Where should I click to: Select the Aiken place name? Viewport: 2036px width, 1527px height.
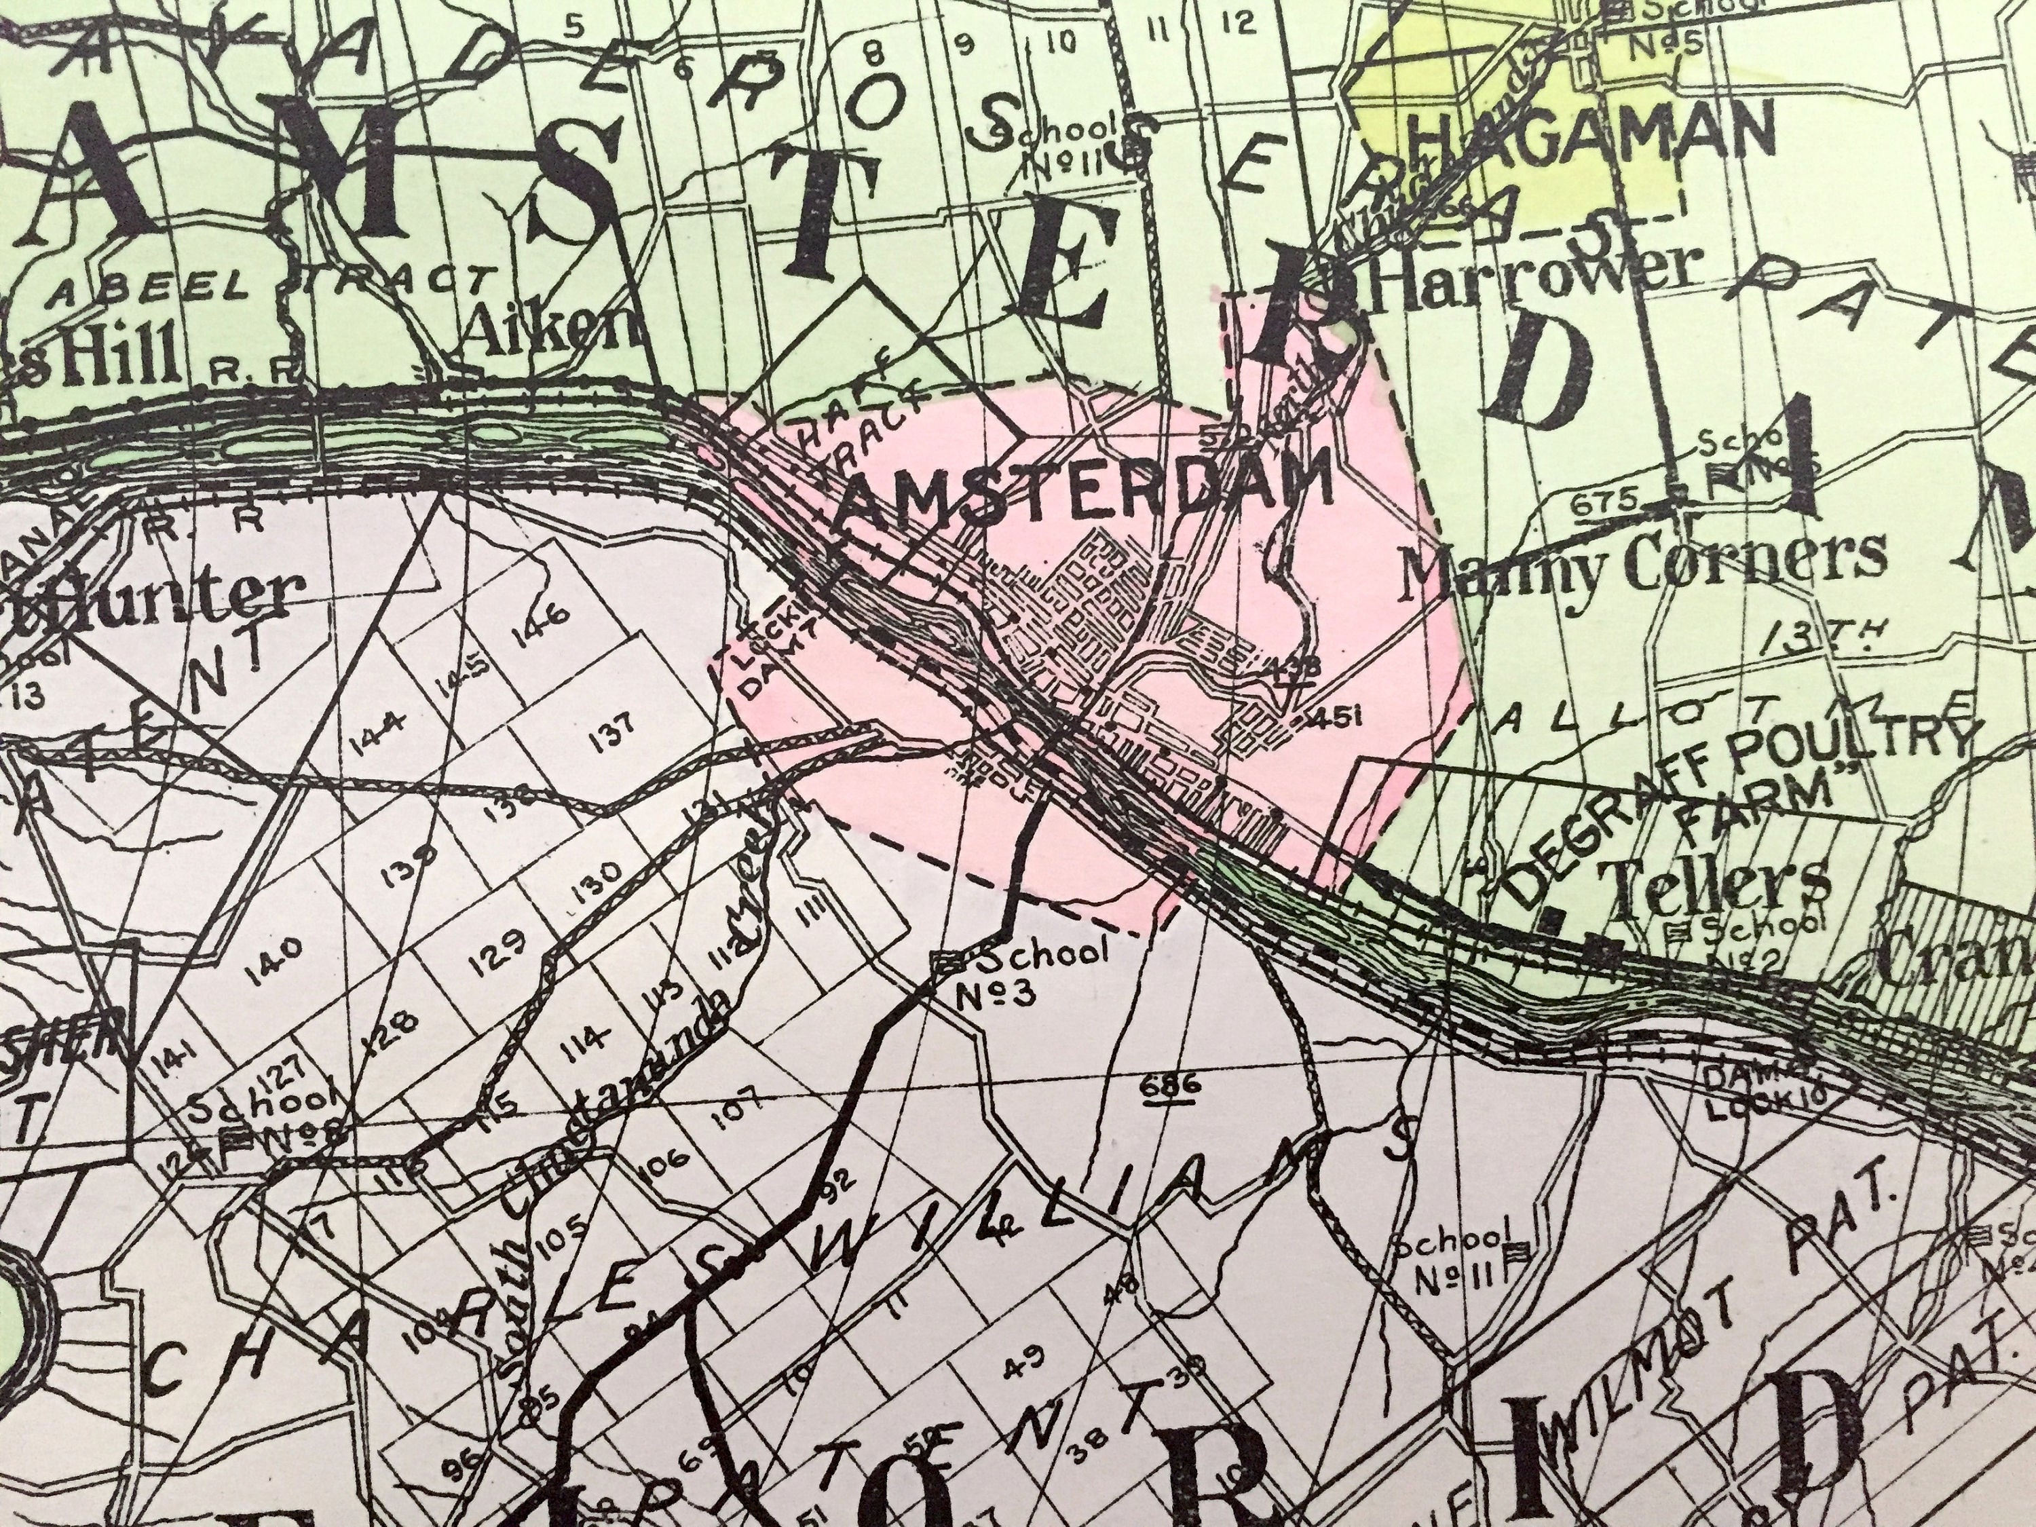click(553, 333)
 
